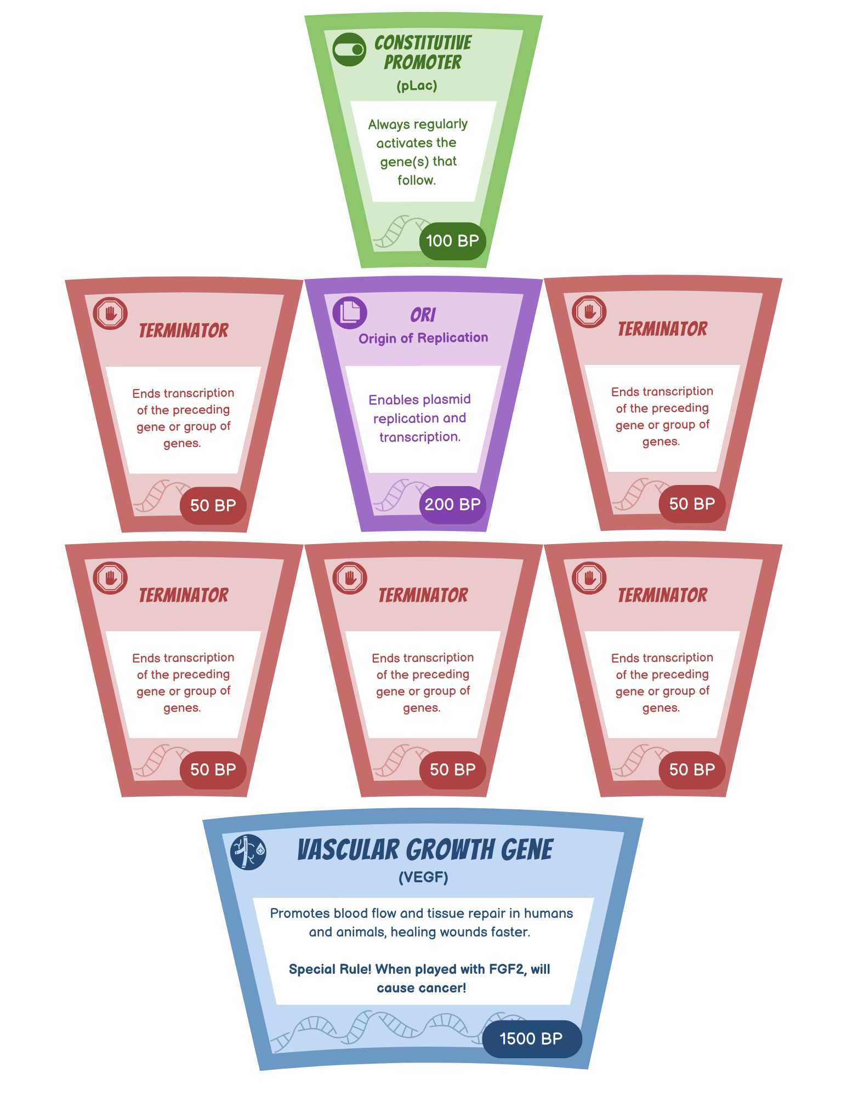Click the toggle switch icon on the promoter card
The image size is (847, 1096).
point(349,50)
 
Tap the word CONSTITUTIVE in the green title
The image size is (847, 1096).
point(423,43)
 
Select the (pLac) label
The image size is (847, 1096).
point(417,85)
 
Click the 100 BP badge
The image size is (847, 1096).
point(452,241)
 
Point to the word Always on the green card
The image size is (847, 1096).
point(388,124)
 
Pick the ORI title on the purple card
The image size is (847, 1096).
point(423,315)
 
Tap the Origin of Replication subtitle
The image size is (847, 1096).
point(423,338)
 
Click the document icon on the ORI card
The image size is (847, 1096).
point(350,312)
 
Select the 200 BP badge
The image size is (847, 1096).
point(452,504)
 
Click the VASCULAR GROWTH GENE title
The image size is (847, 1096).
point(425,850)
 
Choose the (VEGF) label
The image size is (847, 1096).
point(423,877)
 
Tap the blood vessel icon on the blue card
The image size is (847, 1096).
point(248,852)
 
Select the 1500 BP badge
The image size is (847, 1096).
point(531,1038)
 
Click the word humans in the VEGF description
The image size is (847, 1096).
point(548,913)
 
